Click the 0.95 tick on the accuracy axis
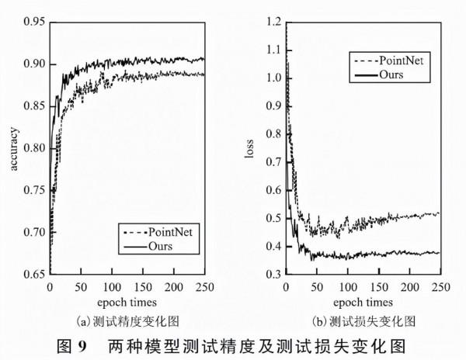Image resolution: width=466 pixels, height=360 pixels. click(33, 19)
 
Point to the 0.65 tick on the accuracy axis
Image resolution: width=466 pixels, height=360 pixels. click(33, 273)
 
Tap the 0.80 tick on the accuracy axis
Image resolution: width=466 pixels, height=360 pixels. click(33, 147)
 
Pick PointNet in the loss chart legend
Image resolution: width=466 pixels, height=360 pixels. click(401, 60)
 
